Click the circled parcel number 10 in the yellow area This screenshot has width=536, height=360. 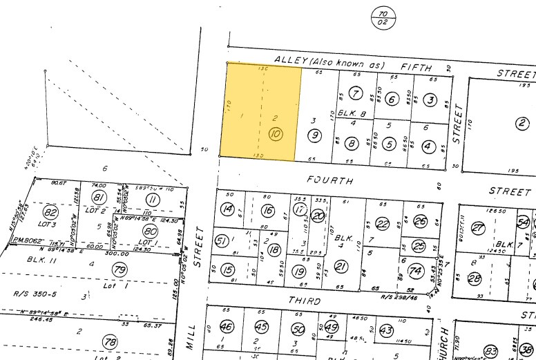pos(276,135)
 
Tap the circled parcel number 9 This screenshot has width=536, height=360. pos(314,135)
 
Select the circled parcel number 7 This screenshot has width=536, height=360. pos(356,94)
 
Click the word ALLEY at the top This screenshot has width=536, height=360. pos(289,62)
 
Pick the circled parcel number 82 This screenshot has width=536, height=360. pos(50,211)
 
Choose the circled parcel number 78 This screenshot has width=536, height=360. pos(108,342)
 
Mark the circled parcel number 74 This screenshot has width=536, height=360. pos(416,270)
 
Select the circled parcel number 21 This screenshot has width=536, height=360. pos(341,267)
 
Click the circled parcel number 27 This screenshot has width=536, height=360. pos(478,229)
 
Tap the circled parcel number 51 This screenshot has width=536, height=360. pos(222,240)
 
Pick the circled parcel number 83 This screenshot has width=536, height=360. pos(491,351)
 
